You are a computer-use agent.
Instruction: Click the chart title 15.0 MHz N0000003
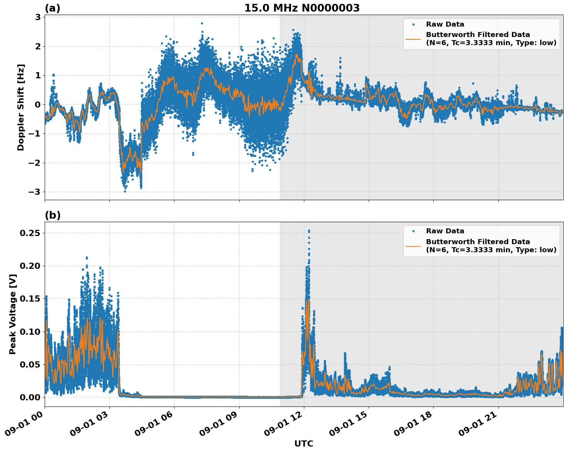point(302,8)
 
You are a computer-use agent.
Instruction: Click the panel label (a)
point(52,8)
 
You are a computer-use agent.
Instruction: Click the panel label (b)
point(52,215)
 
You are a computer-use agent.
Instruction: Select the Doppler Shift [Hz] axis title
point(21,107)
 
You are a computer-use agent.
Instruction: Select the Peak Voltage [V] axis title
point(13,322)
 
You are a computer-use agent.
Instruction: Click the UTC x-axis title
point(304,444)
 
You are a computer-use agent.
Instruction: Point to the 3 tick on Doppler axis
point(38,17)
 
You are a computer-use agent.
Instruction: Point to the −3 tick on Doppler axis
point(35,192)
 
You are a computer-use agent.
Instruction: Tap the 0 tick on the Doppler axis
point(38,105)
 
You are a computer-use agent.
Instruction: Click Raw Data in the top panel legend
point(445,24)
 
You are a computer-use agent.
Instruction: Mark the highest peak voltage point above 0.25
point(309,231)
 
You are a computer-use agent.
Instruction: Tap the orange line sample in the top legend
point(413,39)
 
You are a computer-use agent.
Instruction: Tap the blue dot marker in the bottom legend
point(413,231)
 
